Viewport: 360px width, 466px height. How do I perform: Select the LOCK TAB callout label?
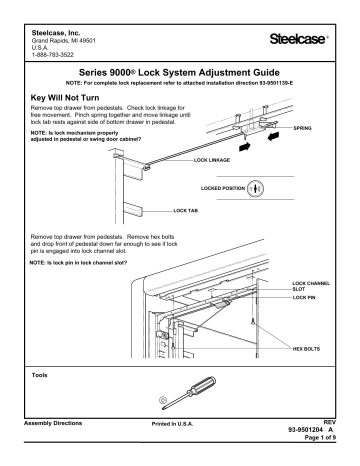click(188, 211)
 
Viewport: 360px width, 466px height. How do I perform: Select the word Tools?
click(44, 377)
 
